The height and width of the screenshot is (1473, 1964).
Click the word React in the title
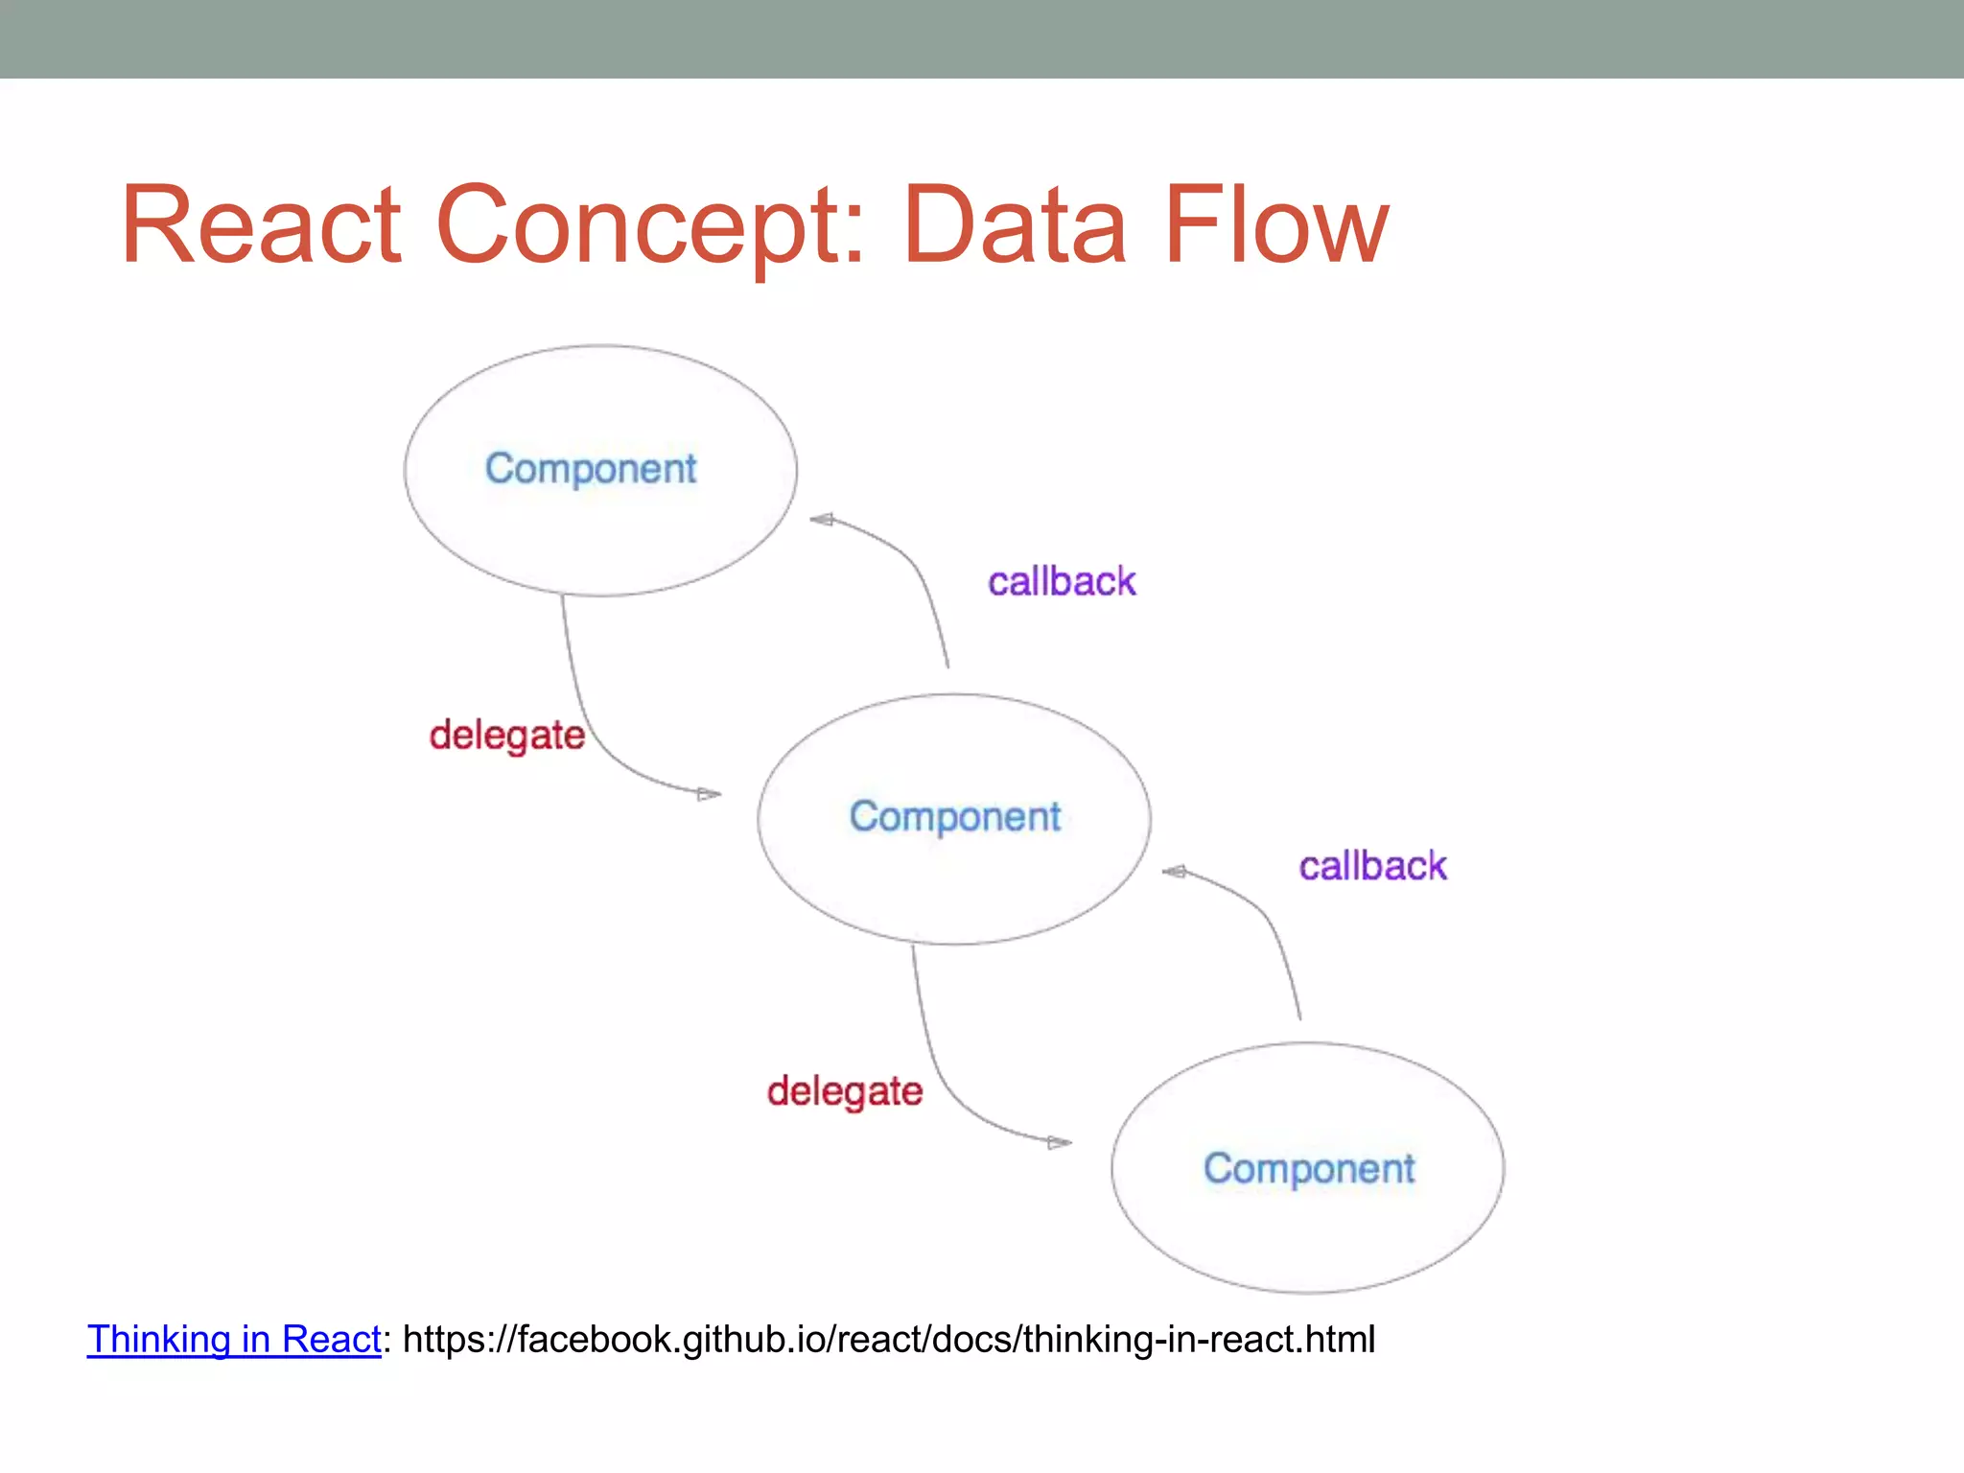click(261, 226)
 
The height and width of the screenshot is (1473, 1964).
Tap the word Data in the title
click(1015, 226)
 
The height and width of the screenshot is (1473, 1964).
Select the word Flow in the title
click(1275, 226)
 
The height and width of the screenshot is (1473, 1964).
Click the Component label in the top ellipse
click(591, 469)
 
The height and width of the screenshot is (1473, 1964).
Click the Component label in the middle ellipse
click(955, 817)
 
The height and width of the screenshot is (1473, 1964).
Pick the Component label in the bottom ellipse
click(1309, 1169)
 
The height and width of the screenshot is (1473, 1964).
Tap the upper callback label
click(1062, 582)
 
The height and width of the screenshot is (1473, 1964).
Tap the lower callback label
click(1372, 866)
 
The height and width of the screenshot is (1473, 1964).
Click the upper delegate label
click(506, 736)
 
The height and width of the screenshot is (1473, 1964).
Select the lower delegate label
click(844, 1091)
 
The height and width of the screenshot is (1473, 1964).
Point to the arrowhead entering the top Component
click(821, 520)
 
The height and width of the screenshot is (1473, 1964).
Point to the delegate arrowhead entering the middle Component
click(710, 794)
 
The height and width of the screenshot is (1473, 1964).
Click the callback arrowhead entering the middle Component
click(1173, 872)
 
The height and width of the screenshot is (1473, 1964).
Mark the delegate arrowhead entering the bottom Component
click(1061, 1142)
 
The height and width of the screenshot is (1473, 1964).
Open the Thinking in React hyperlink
click(234, 1340)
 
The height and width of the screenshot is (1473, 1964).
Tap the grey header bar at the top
click(982, 38)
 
